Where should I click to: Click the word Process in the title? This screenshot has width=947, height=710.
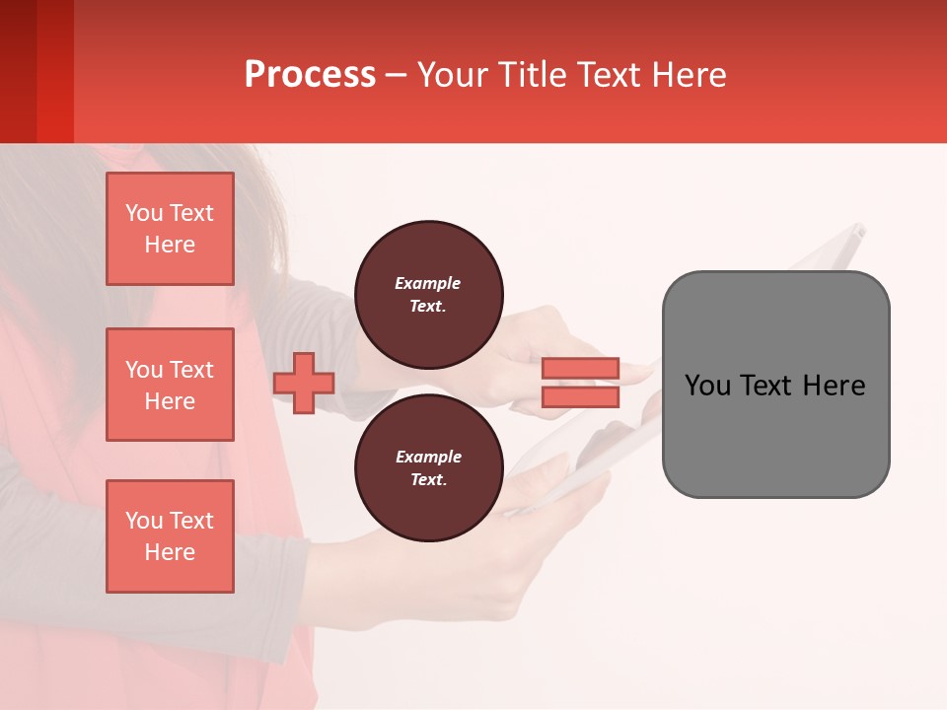tap(310, 75)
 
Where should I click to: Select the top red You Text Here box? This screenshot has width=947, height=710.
tap(170, 229)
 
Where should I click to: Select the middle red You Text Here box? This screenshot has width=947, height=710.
tap(170, 385)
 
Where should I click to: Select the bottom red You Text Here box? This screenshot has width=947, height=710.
tap(170, 536)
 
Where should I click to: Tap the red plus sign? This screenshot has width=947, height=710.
tap(304, 383)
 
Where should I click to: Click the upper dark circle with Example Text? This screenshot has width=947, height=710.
tap(428, 294)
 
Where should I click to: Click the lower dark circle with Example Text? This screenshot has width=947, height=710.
tap(428, 467)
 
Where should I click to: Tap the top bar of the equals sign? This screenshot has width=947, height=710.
tap(581, 368)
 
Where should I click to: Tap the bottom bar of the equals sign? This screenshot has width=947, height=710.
tap(581, 396)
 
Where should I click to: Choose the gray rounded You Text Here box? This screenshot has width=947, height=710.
tap(775, 385)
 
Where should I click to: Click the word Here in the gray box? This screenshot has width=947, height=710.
tap(835, 386)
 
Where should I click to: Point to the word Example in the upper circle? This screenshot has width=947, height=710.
tap(428, 283)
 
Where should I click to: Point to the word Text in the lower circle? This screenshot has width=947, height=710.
tap(428, 480)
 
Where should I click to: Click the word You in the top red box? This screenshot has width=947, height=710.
tap(143, 213)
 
